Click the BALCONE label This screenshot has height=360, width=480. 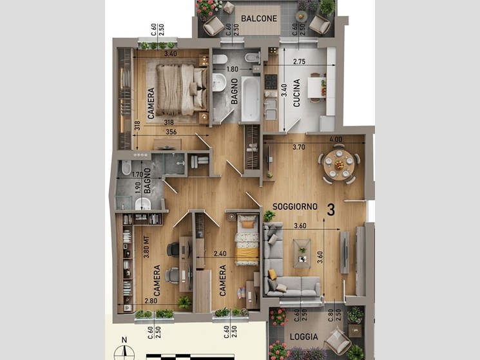[259, 18]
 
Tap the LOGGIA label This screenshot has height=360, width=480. [304, 337]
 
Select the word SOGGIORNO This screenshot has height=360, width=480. [295, 207]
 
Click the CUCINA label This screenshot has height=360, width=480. [296, 93]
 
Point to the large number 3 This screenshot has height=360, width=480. [331, 210]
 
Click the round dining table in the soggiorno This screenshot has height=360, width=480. [339, 165]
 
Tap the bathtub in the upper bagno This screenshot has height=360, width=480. [251, 99]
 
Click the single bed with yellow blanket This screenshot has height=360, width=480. [247, 240]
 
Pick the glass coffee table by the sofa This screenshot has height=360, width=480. [302, 254]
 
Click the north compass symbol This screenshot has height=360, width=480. [124, 350]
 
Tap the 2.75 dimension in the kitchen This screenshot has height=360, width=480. [299, 61]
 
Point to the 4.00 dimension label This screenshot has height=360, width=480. [336, 139]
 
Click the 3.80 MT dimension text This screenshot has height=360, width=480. [146, 247]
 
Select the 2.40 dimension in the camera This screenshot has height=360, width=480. [220, 254]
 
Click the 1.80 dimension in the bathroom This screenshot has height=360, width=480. [232, 69]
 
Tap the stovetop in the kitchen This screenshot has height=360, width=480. [271, 82]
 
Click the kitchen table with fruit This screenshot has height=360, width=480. [316, 87]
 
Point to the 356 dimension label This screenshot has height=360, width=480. [171, 132]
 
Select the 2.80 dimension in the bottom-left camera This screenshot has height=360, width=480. [151, 301]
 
